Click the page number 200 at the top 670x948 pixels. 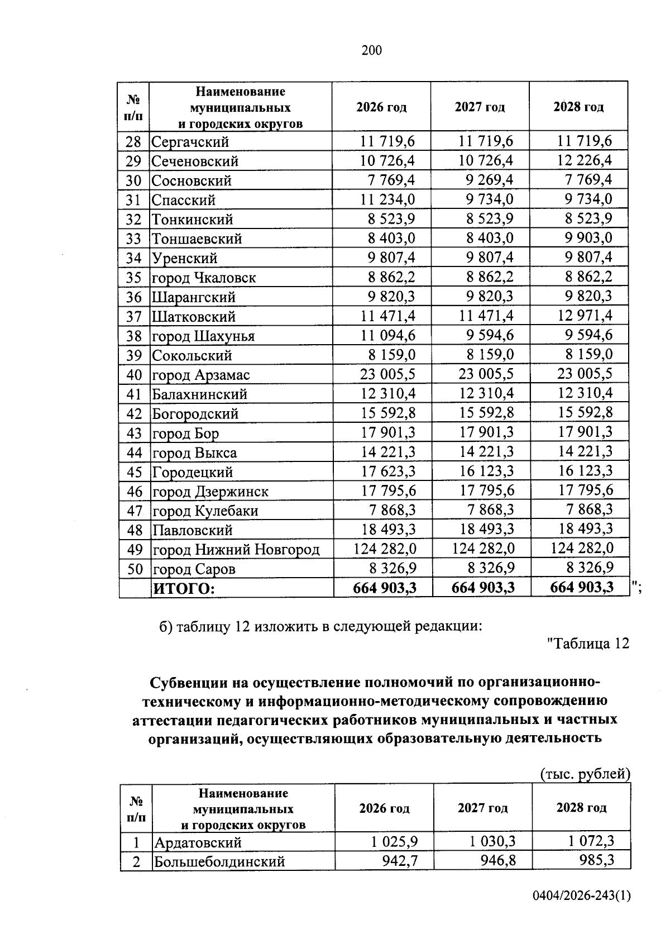(x=372, y=51)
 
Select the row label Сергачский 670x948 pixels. (x=190, y=142)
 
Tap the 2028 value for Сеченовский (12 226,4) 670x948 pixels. (x=584, y=160)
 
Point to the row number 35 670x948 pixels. (x=133, y=278)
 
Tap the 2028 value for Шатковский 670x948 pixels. (x=585, y=316)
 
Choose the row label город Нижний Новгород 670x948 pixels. (x=236, y=550)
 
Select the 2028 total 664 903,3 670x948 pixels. (x=581, y=587)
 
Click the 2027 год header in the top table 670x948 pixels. (x=480, y=107)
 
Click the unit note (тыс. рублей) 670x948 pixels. (x=585, y=774)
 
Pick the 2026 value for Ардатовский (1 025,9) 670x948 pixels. (x=395, y=841)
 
